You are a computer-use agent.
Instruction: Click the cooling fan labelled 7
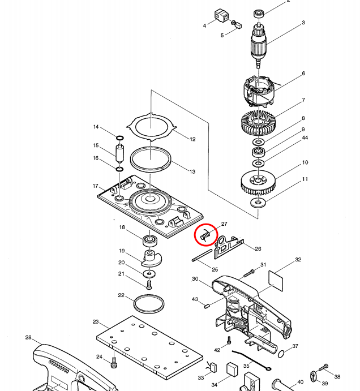pos(258,122)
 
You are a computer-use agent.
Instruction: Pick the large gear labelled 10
pos(258,182)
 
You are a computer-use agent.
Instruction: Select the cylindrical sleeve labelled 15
pos(120,153)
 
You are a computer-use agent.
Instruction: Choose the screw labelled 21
pos(149,283)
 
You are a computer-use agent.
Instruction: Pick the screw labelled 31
pos(250,273)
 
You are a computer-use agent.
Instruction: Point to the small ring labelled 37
pos(282,354)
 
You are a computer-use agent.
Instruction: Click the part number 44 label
pos(305,138)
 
